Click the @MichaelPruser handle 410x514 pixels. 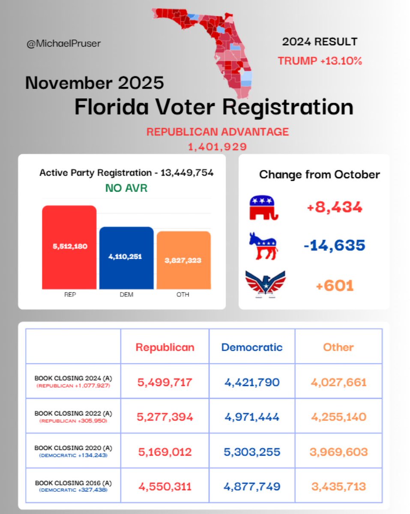tap(64, 44)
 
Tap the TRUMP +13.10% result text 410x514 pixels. tap(320, 61)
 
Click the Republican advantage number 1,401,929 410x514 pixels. tap(217, 147)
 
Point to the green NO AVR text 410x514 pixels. tap(126, 188)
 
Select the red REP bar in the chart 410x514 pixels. tap(69, 247)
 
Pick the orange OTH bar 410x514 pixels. tap(183, 260)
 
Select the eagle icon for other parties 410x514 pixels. tap(265, 284)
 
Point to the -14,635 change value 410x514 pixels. tap(335, 246)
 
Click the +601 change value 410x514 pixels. tap(335, 286)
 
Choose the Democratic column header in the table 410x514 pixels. tap(252, 347)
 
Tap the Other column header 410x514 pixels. tap(338, 347)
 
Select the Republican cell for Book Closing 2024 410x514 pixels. tap(165, 382)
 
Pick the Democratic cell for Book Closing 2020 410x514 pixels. tap(252, 452)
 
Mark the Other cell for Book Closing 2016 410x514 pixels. tap(338, 487)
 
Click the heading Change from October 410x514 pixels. tap(319, 175)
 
